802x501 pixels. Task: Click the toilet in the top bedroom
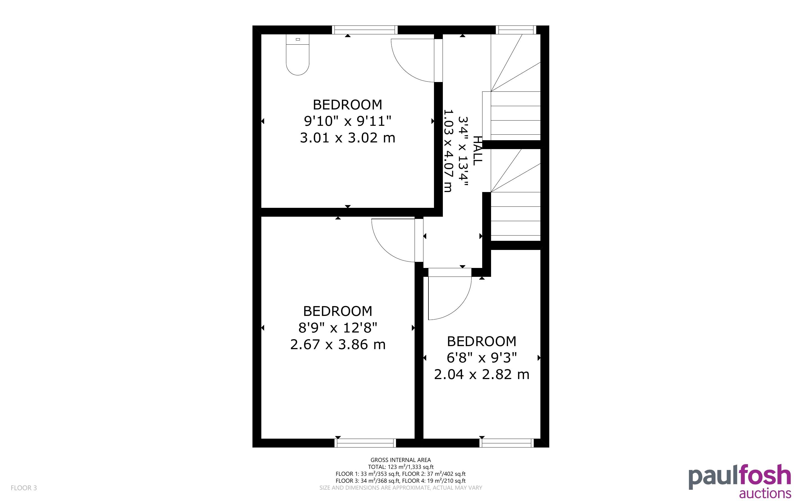297,55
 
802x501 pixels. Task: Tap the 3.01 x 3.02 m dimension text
348,138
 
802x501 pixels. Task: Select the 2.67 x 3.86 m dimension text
338,345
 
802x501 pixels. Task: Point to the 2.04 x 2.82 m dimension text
482,374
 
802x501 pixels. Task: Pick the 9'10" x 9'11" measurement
348,121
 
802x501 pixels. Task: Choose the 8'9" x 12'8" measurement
338,328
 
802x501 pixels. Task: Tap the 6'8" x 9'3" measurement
482,358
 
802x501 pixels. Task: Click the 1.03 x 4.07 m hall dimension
448,151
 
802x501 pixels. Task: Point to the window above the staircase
515,30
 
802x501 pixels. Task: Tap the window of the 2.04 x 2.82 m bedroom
507,443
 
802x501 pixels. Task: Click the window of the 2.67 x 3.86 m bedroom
365,443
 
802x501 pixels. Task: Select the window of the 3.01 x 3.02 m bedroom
365,30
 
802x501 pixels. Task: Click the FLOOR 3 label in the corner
24,488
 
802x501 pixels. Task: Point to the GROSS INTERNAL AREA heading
400,460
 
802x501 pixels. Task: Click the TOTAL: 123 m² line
400,467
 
